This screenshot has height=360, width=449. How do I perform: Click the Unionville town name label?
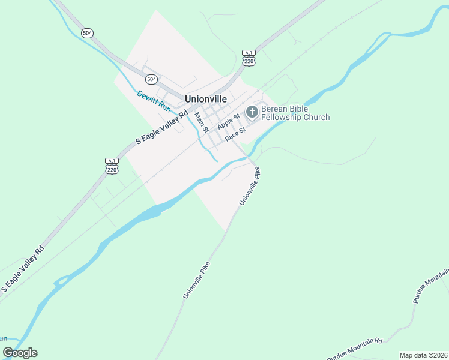coord(206,98)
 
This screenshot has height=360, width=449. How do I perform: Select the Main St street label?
coord(201,122)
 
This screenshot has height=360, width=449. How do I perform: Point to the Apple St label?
coord(229,121)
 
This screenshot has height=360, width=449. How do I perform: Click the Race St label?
coord(235,134)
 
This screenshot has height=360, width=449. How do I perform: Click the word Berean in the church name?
coord(274,109)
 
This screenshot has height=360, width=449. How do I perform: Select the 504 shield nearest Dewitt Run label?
coord(151,79)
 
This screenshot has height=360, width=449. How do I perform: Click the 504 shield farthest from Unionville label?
coord(88,33)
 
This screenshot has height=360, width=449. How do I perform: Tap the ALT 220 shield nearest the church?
coord(249,58)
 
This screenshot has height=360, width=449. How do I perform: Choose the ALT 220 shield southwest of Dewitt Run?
coord(112,167)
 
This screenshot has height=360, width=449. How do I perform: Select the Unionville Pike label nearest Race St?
coord(250,186)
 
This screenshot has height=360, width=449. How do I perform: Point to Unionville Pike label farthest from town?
coord(197,279)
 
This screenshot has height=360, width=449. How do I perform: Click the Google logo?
coord(20,352)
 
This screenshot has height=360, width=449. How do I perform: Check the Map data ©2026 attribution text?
coord(423,355)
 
